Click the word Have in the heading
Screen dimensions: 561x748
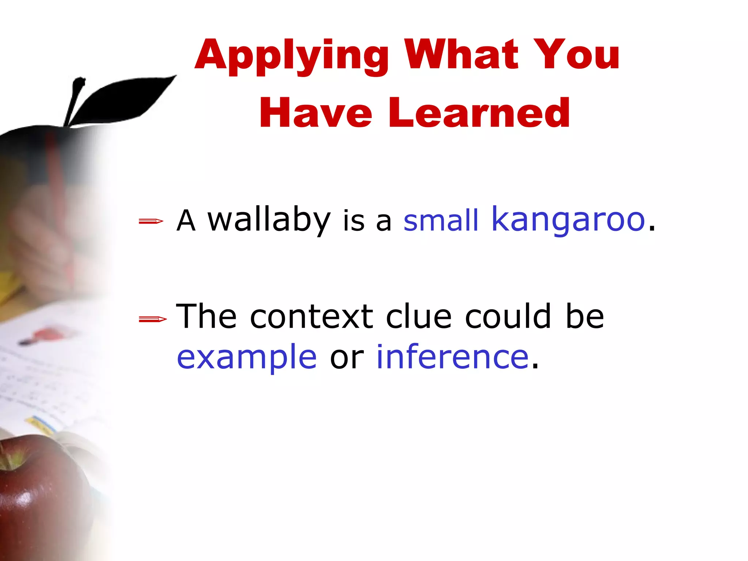316,113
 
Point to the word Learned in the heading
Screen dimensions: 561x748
479,113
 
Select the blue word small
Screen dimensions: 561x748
440,221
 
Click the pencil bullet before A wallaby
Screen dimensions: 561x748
151,221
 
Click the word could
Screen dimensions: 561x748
508,316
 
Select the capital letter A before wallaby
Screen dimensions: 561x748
186,221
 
